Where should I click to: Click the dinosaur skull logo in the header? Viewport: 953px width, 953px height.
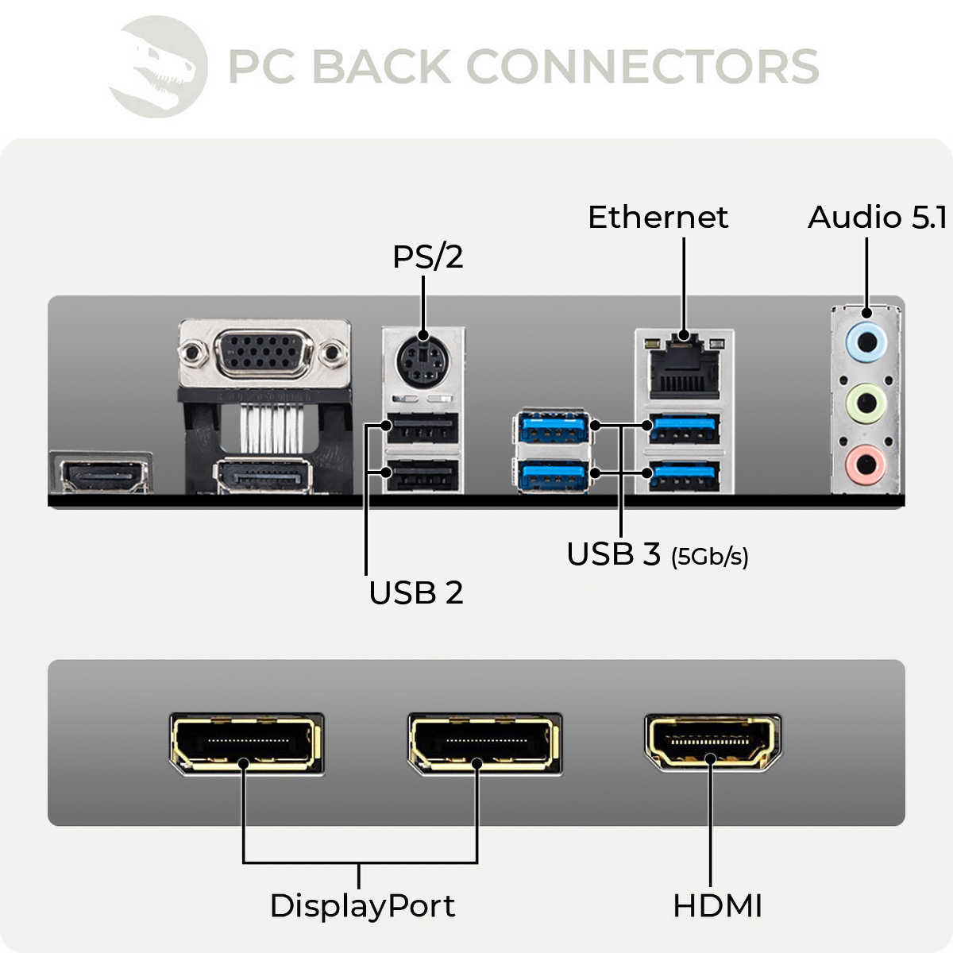[159, 67]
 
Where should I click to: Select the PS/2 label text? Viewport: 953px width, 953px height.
[427, 257]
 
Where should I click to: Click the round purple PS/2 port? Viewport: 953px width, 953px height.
[422, 363]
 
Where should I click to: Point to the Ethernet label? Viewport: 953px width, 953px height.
[658, 218]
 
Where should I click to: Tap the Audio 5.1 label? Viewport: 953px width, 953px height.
[877, 218]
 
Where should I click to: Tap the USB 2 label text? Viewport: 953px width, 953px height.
[415, 593]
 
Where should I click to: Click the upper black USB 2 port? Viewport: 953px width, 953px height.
[422, 430]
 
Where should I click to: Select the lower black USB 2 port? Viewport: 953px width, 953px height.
[422, 475]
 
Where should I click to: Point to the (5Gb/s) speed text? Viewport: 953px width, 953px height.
[709, 557]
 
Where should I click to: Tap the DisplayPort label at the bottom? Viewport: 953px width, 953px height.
[362, 905]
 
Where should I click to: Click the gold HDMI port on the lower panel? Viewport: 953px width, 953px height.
[712, 743]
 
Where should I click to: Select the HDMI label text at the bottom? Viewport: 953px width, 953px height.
[717, 905]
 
